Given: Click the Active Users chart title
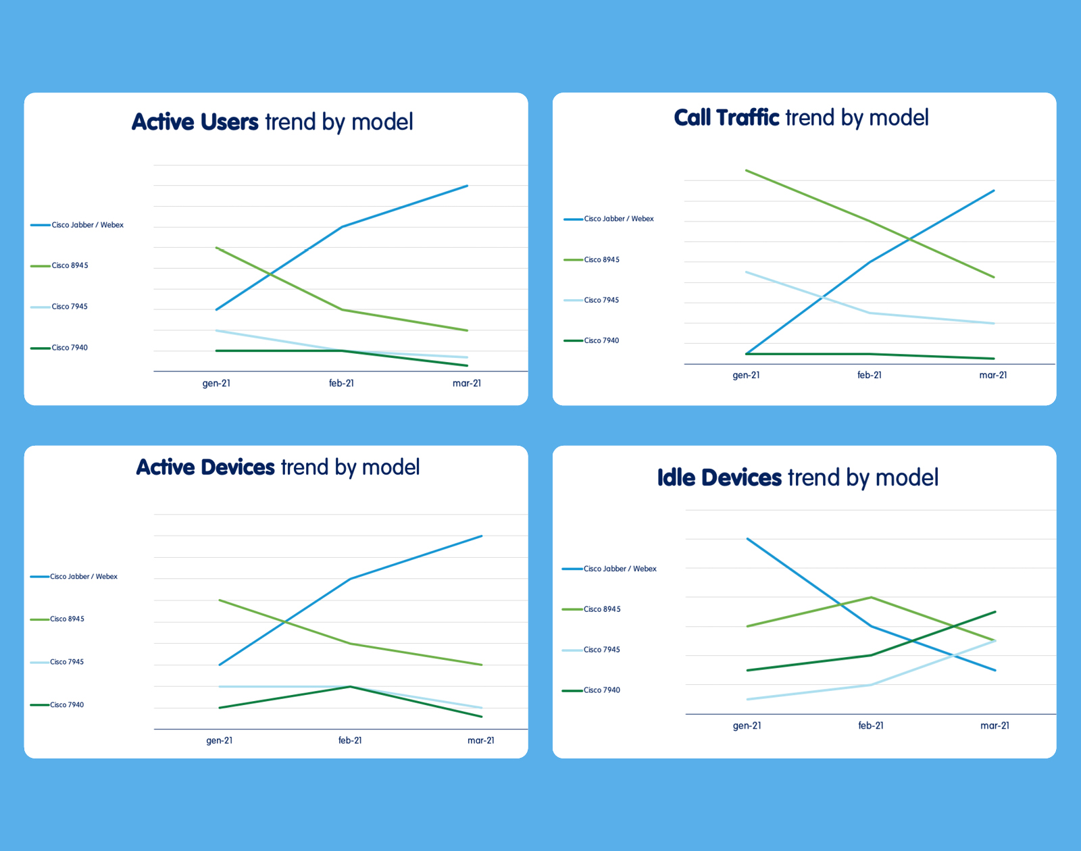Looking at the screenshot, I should (x=272, y=122).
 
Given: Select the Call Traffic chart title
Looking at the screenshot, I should (x=801, y=118).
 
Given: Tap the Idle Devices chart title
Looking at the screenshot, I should (x=797, y=478).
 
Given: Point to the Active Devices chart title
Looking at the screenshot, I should (x=278, y=467).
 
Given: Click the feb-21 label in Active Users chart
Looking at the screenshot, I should (x=341, y=384).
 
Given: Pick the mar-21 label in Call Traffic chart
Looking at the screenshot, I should (x=993, y=376).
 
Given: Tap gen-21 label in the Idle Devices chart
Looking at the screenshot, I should (x=747, y=726).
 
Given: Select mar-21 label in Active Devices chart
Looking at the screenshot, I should (x=481, y=741).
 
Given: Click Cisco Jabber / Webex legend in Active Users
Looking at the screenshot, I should (x=87, y=225).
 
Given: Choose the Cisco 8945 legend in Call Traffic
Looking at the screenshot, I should (x=601, y=260).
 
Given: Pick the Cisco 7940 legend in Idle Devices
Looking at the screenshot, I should (x=601, y=690).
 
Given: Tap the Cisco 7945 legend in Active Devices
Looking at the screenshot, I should (x=67, y=662).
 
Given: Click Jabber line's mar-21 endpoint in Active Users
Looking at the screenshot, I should (x=467, y=186).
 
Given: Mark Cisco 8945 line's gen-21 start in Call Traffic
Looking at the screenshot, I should (x=746, y=170).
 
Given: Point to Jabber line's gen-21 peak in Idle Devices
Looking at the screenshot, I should (x=747, y=539).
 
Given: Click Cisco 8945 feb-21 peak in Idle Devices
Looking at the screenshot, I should (x=871, y=597).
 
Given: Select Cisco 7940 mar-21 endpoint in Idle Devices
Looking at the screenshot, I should (x=995, y=612).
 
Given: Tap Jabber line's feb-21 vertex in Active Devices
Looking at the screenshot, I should (x=350, y=579).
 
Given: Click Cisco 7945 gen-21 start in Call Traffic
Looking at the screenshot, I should (x=746, y=272).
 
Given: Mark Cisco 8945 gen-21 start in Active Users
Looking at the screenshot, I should (x=216, y=248).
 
